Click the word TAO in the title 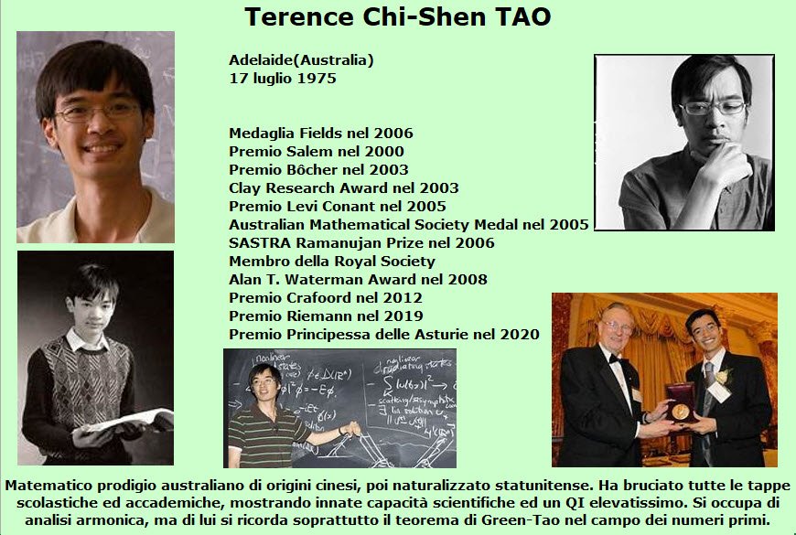click(x=522, y=16)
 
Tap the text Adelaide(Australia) click(x=301, y=59)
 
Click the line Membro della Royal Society click(x=332, y=261)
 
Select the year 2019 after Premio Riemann click(x=403, y=316)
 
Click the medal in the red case click(x=681, y=411)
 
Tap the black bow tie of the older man click(x=615, y=359)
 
